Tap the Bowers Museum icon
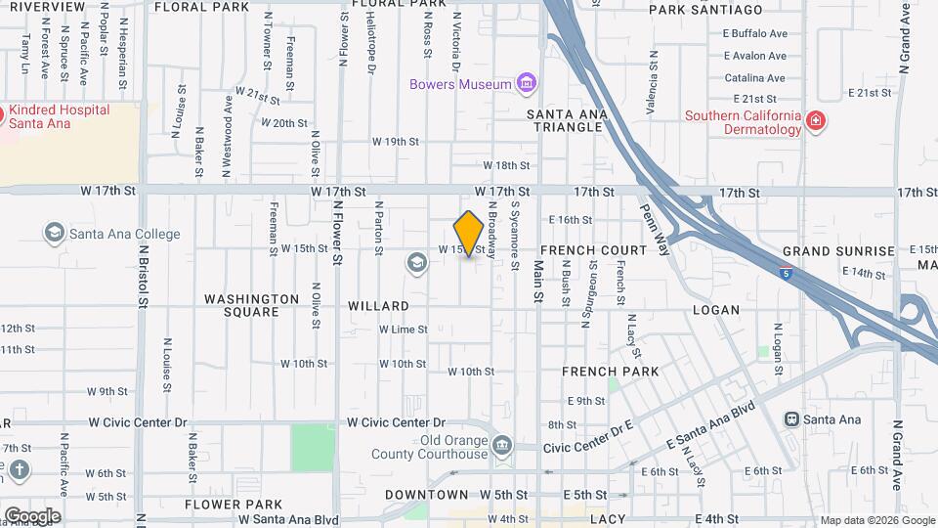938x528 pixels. click(x=527, y=83)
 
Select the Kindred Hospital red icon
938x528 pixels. click(x=3, y=116)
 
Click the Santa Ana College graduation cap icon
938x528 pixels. click(x=54, y=233)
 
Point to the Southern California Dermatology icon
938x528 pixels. click(x=815, y=122)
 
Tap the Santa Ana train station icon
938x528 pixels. click(x=791, y=419)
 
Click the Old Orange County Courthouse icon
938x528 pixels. click(x=502, y=446)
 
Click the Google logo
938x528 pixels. click(x=32, y=516)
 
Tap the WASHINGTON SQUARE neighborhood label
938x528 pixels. click(x=251, y=305)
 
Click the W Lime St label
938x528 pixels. click(x=404, y=330)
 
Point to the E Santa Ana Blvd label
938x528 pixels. click(x=710, y=429)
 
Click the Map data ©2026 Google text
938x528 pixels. click(x=876, y=520)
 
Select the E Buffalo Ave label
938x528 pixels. click(x=755, y=33)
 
